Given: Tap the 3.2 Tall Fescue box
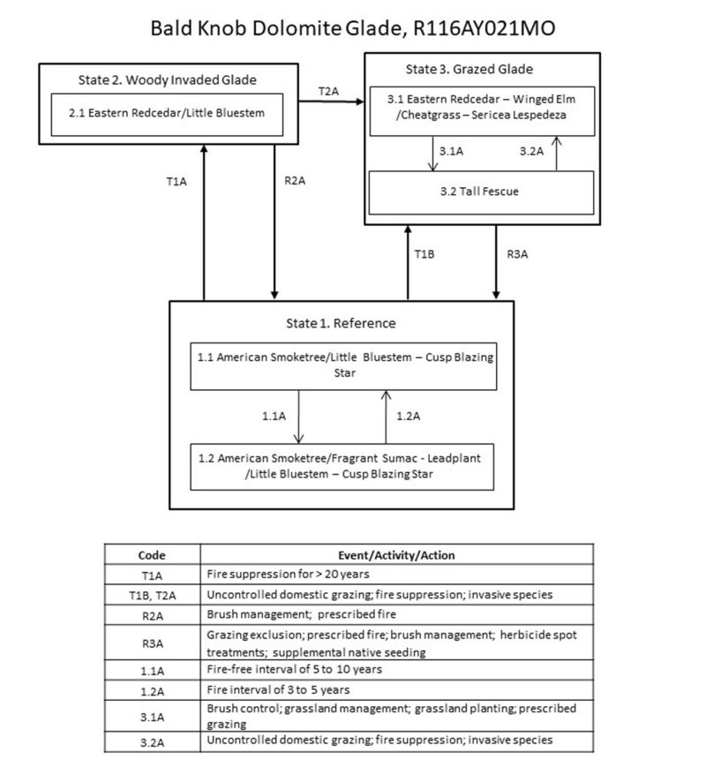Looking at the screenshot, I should pyautogui.click(x=481, y=192).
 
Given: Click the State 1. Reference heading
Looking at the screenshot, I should pyautogui.click(x=341, y=323).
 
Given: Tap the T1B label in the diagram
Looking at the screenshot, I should pyautogui.click(x=425, y=254).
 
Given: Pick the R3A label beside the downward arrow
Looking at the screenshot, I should pyautogui.click(x=518, y=254).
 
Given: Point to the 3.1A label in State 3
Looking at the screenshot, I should pyautogui.click(x=451, y=151).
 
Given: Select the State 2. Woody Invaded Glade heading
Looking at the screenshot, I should pyautogui.click(x=167, y=80).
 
